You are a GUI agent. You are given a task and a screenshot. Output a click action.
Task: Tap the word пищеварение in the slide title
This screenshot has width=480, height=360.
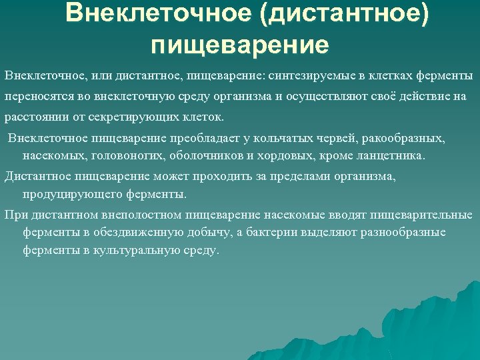[x=240, y=45]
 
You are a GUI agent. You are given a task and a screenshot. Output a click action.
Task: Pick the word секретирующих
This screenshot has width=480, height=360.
[x=139, y=118]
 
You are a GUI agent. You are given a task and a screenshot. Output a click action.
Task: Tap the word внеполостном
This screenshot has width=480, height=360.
[x=143, y=215]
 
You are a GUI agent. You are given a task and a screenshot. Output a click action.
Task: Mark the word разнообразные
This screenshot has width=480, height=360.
[x=403, y=233]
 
